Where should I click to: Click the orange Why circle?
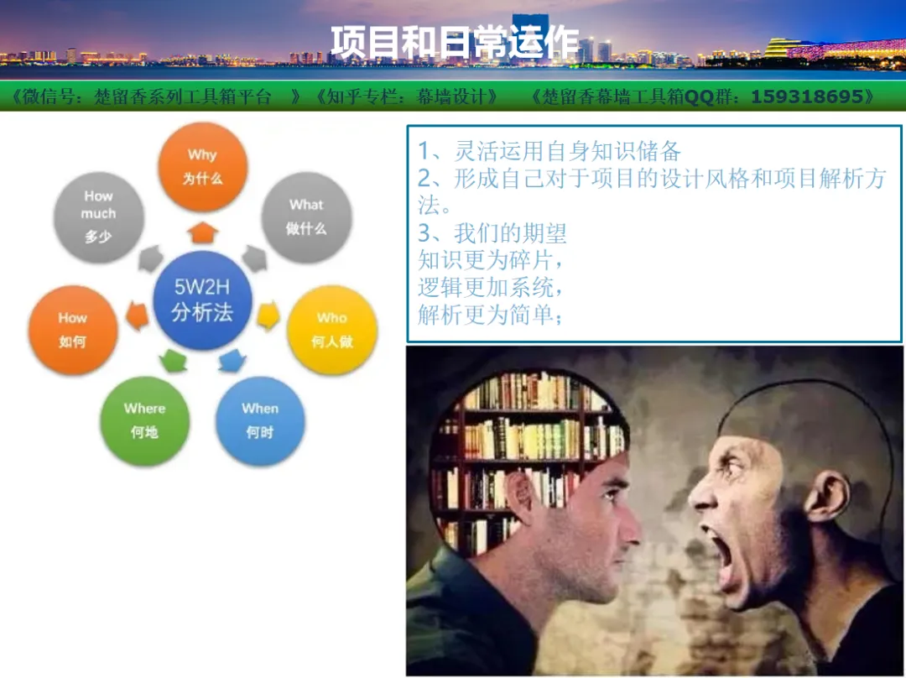(x=203, y=167)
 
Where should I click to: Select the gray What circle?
(x=306, y=218)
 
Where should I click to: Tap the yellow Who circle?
(x=332, y=330)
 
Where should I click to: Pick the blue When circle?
(x=260, y=420)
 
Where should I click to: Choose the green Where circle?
(x=144, y=420)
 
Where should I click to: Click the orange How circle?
(x=73, y=330)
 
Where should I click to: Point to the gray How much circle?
(x=99, y=217)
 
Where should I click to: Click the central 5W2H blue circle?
(x=202, y=300)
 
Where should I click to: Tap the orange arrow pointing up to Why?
(x=202, y=232)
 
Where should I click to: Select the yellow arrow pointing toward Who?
(x=268, y=316)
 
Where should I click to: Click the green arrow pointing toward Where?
(x=173, y=361)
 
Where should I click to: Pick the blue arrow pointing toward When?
(x=232, y=361)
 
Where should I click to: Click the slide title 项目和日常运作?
(x=455, y=42)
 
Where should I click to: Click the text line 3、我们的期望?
(x=492, y=233)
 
